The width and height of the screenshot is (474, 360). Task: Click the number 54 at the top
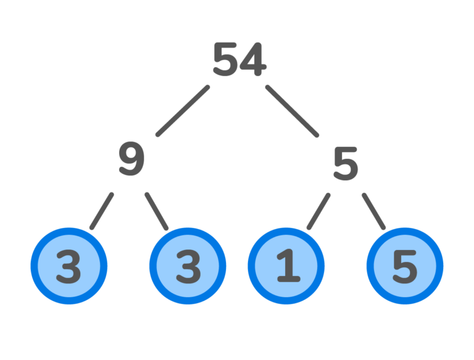239,61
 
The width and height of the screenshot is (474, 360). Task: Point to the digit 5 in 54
225,61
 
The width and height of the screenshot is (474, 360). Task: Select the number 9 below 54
131,159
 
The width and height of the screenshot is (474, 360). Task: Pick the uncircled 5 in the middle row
345,164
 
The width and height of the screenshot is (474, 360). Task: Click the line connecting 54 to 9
183,111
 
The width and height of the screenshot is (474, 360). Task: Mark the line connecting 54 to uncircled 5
292,111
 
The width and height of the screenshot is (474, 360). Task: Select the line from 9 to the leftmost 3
102,211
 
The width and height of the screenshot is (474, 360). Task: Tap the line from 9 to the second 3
157,211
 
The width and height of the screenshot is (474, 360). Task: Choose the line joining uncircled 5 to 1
318,211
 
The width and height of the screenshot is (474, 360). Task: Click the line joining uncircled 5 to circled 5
373,211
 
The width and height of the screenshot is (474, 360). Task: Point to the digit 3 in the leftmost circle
69,267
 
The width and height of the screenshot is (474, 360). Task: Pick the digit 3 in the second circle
188,267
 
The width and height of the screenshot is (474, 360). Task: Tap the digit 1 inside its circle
286,267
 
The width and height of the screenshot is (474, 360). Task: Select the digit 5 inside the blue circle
404,267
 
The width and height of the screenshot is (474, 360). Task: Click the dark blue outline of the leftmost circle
33,267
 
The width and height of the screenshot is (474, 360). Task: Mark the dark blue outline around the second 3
152,267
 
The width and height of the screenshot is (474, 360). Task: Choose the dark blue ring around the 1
251,267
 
